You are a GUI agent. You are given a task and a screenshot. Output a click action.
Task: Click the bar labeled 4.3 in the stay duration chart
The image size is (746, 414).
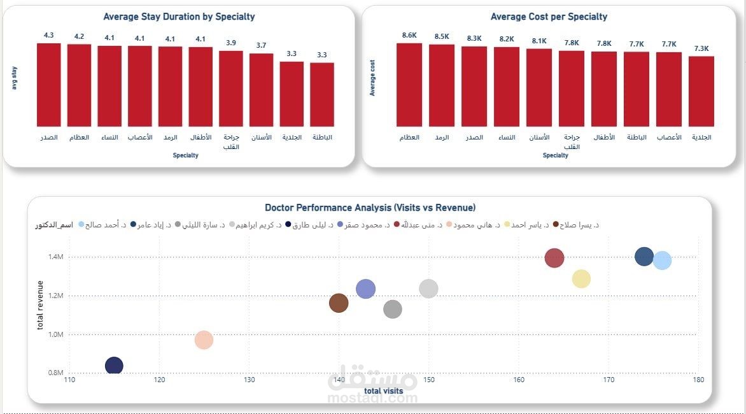[x=48, y=85]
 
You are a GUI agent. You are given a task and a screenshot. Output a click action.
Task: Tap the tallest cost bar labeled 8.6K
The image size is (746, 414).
[x=409, y=85]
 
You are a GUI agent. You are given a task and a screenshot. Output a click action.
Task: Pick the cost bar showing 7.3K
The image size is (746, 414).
[x=701, y=91]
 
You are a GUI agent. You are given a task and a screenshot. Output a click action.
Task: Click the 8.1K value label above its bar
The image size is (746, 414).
[x=538, y=41]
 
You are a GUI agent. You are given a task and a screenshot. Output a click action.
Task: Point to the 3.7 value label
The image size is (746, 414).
[x=261, y=45]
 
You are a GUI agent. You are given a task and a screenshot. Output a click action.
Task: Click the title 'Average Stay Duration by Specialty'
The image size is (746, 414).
[x=179, y=17]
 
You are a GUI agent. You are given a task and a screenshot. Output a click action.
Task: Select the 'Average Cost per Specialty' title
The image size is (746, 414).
[x=549, y=17]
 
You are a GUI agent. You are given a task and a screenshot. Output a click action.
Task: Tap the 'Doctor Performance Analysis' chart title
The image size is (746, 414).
[x=370, y=208]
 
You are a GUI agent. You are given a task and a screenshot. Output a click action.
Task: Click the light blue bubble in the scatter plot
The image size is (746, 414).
[x=662, y=260]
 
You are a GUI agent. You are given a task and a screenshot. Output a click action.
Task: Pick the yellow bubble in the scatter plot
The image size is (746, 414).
[x=581, y=278]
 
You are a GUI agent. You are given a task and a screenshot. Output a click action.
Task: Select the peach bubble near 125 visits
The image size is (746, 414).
[x=204, y=339]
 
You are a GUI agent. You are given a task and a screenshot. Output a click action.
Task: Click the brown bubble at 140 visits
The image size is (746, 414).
[x=339, y=303]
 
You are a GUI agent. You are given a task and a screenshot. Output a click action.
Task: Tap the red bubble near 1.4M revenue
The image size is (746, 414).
[x=554, y=258]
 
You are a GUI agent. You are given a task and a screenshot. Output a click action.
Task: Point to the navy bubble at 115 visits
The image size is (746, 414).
[x=114, y=366]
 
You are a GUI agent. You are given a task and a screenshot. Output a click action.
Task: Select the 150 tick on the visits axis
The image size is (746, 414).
[x=429, y=380]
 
